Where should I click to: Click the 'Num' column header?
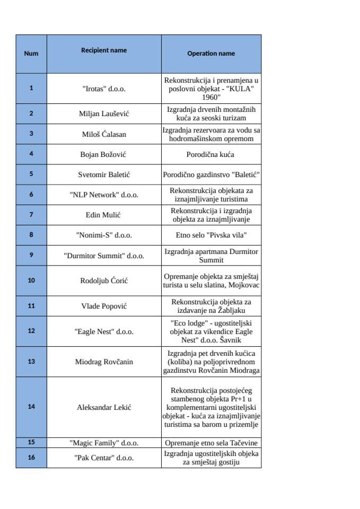point(31,54)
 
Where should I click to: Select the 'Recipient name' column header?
point(104,50)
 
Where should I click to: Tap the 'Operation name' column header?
point(211,54)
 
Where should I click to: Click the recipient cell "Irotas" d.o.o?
point(104,89)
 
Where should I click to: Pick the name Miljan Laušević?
point(104,113)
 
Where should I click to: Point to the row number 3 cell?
point(31,134)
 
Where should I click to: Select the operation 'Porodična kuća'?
point(211,154)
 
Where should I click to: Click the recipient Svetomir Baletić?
point(104,174)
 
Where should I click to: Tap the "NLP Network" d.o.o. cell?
point(104,195)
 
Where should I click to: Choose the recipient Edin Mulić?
point(104,215)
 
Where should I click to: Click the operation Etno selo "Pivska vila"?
point(211,235)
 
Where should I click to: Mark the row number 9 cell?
point(31,255)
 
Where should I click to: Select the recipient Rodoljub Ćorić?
point(104,280)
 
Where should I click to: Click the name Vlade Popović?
point(104,306)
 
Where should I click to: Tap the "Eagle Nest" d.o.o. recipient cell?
point(104,331)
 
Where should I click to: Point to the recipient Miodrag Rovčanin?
point(104,362)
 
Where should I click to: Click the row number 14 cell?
point(31,407)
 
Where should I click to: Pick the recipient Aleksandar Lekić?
point(104,407)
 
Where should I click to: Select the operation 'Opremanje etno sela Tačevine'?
point(211,442)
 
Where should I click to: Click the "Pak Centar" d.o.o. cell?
point(104,458)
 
